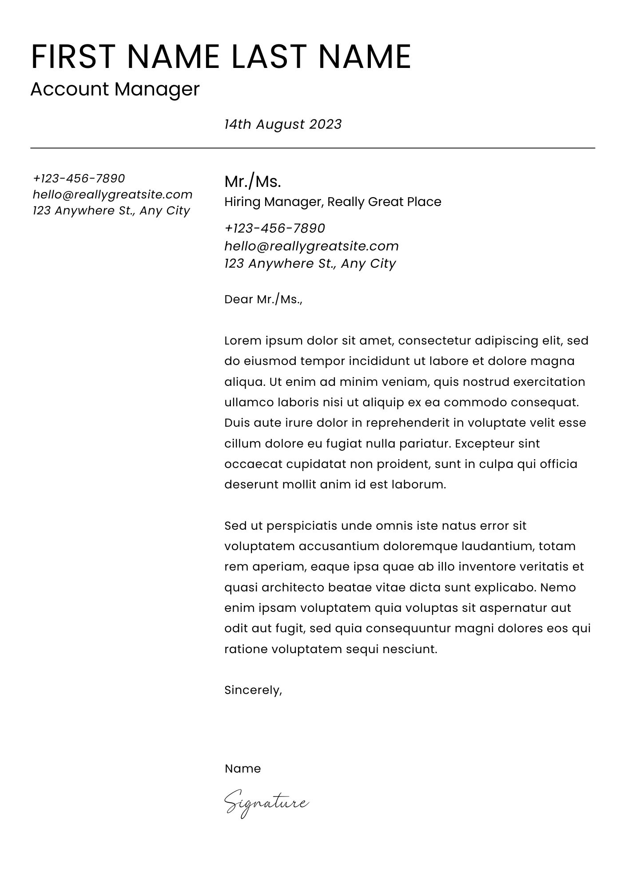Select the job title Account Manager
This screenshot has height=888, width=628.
(x=115, y=89)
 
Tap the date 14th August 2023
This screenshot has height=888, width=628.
(x=283, y=124)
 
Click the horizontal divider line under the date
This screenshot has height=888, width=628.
(x=313, y=148)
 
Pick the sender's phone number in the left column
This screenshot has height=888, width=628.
(x=79, y=178)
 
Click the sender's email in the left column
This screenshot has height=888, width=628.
(x=113, y=194)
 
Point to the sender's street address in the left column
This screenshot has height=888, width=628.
(x=111, y=210)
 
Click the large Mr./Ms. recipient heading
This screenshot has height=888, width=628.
(x=253, y=182)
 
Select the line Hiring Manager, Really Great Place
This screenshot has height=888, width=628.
(x=333, y=202)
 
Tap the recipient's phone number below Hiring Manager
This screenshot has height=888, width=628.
(x=275, y=228)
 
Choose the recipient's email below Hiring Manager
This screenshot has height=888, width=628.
(x=311, y=246)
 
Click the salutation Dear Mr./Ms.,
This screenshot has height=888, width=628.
(x=263, y=300)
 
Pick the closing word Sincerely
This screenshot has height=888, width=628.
(x=253, y=690)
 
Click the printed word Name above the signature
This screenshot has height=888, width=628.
(x=242, y=769)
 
